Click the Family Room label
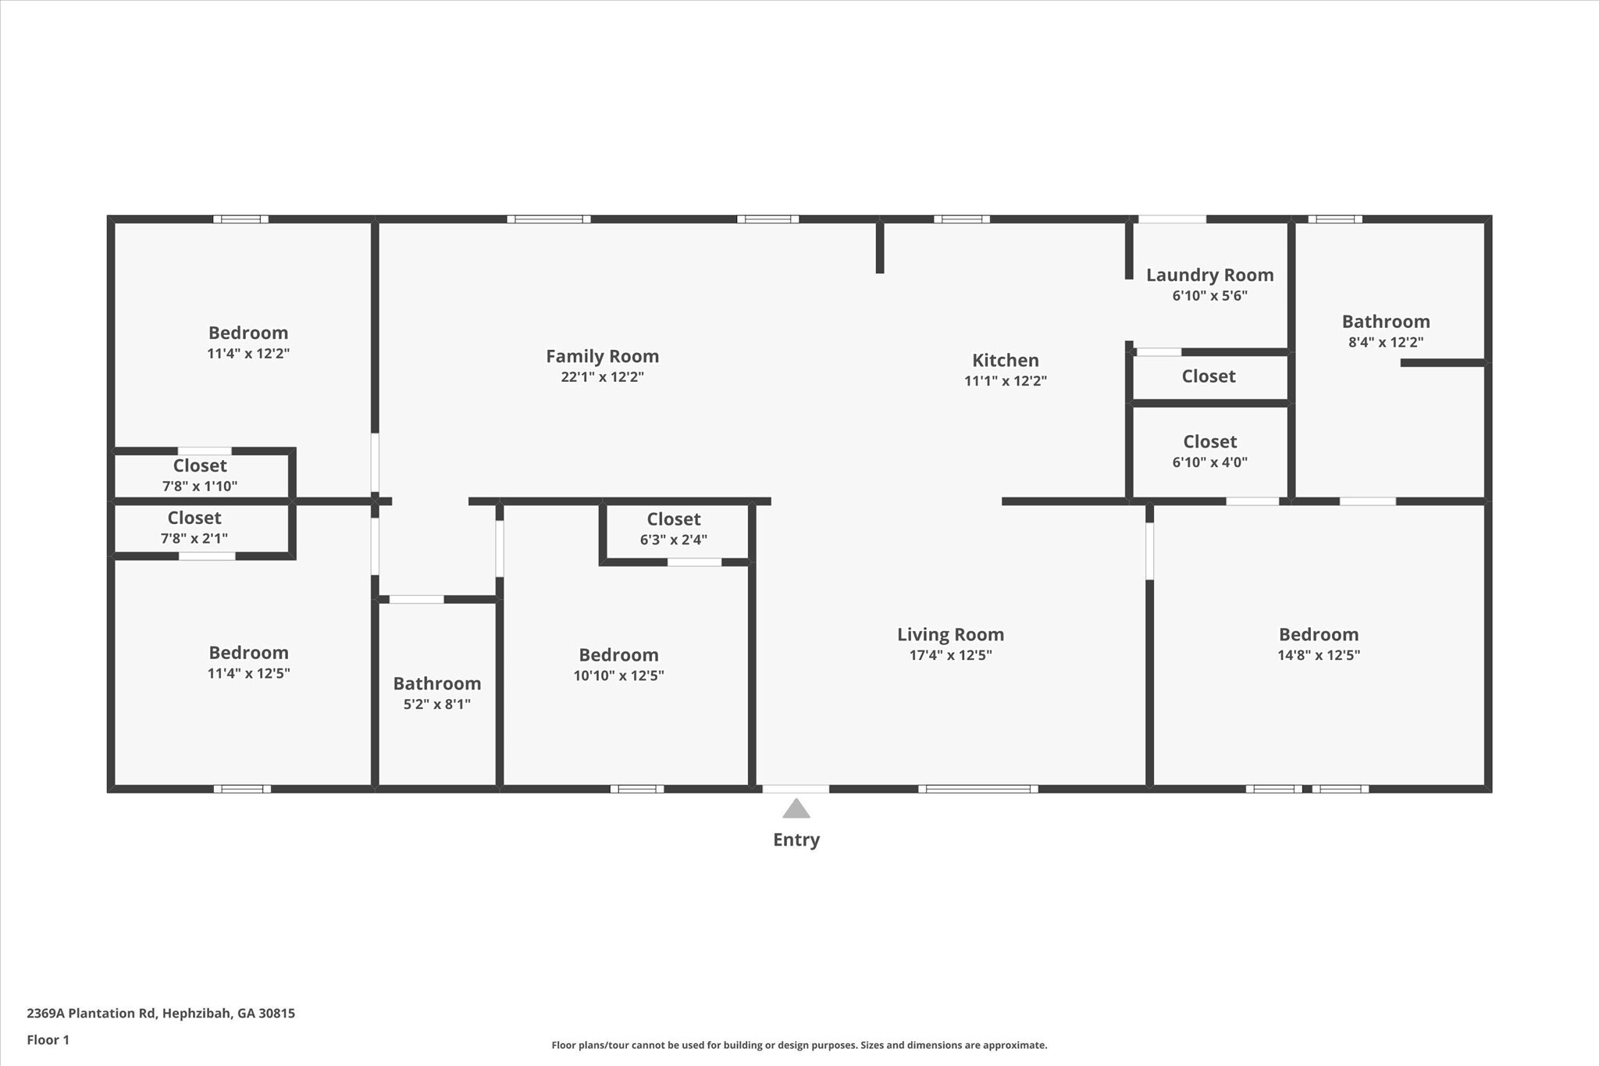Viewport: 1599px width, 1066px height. pyautogui.click(x=602, y=357)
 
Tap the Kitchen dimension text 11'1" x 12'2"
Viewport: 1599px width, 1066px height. pyautogui.click(x=1005, y=381)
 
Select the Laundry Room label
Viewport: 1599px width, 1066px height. pyautogui.click(x=1209, y=275)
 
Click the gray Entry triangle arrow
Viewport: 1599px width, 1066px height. pyautogui.click(x=796, y=809)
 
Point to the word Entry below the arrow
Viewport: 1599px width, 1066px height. pyautogui.click(x=796, y=840)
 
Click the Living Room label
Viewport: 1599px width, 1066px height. pyautogui.click(x=950, y=635)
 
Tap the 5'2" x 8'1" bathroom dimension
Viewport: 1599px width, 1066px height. pyautogui.click(x=436, y=704)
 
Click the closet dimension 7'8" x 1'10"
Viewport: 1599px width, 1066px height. pyautogui.click(x=200, y=487)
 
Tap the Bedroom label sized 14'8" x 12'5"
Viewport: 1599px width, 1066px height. pyautogui.click(x=1318, y=635)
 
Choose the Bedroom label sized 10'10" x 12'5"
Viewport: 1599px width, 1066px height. pyautogui.click(x=618, y=655)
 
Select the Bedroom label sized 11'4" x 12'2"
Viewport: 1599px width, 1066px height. pyautogui.click(x=248, y=333)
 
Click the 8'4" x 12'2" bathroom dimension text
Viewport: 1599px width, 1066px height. pyautogui.click(x=1386, y=342)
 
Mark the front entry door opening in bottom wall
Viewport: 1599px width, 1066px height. pyautogui.click(x=796, y=789)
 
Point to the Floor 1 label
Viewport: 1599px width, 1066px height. pyautogui.click(x=48, y=1040)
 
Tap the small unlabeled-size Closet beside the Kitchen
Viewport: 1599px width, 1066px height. pyautogui.click(x=1209, y=376)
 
